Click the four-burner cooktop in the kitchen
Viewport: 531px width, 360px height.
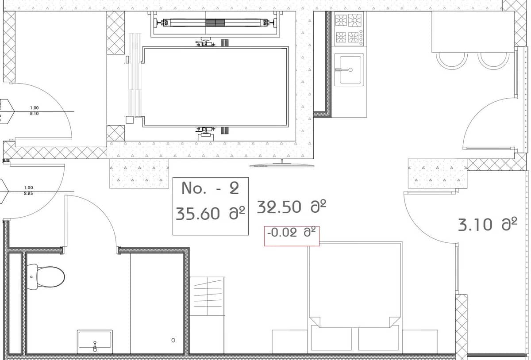click(349, 29)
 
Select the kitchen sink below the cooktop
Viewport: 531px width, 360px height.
click(349, 70)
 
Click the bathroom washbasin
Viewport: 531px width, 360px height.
click(95, 341)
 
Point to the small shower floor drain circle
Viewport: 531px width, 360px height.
click(173, 340)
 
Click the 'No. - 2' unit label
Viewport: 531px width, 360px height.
click(210, 189)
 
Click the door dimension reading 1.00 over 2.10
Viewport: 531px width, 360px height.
click(34, 111)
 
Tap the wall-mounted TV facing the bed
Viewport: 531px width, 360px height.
click(282, 165)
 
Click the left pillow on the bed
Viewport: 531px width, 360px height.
click(331, 339)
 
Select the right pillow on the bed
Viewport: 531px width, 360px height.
click(378, 339)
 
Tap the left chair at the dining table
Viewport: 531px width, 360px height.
click(451, 59)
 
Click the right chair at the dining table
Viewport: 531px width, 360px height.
click(493, 59)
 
